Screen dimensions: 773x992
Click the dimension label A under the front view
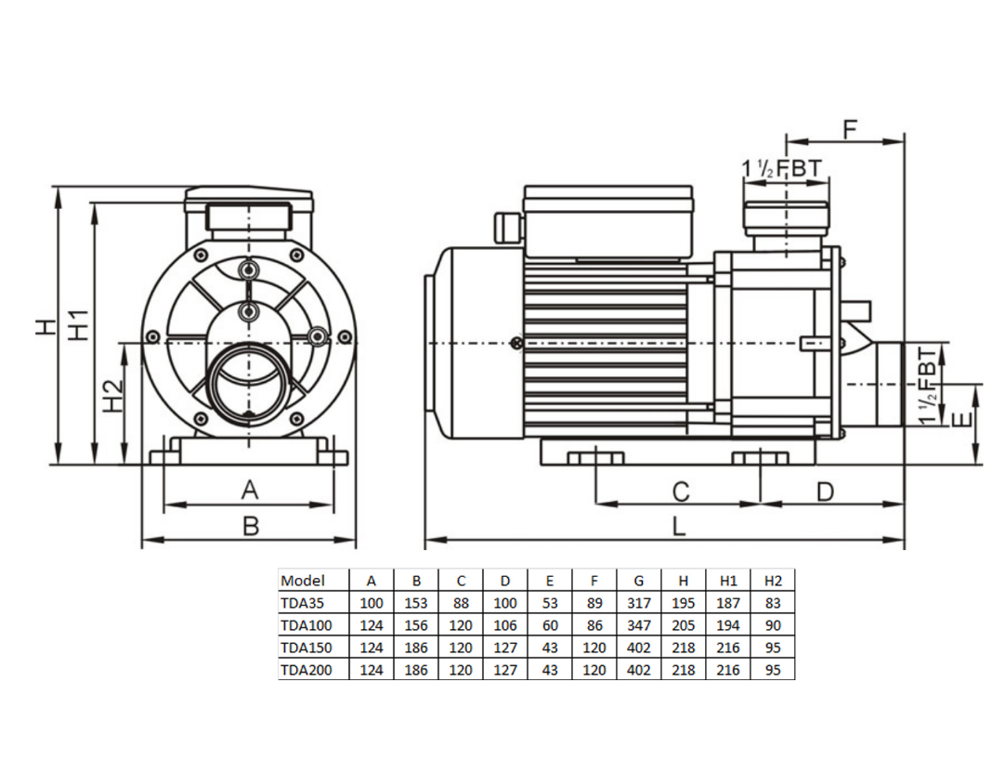coord(248,489)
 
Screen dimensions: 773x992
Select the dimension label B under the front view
coord(250,527)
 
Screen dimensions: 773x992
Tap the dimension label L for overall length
coord(679,526)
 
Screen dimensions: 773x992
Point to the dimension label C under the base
coord(680,491)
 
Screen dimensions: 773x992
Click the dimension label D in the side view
coord(825,491)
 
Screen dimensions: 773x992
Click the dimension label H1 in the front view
coord(80,324)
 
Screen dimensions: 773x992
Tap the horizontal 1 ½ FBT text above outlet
coord(782,169)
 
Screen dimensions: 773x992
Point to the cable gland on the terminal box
coord(507,226)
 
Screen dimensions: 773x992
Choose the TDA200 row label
coord(305,669)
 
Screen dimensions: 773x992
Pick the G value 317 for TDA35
coord(638,603)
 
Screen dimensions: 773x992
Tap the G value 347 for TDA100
coord(638,625)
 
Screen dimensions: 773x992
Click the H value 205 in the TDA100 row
coord(683,625)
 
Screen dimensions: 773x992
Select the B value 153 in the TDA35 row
coord(416,603)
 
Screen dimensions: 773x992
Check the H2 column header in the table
coord(773,581)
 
